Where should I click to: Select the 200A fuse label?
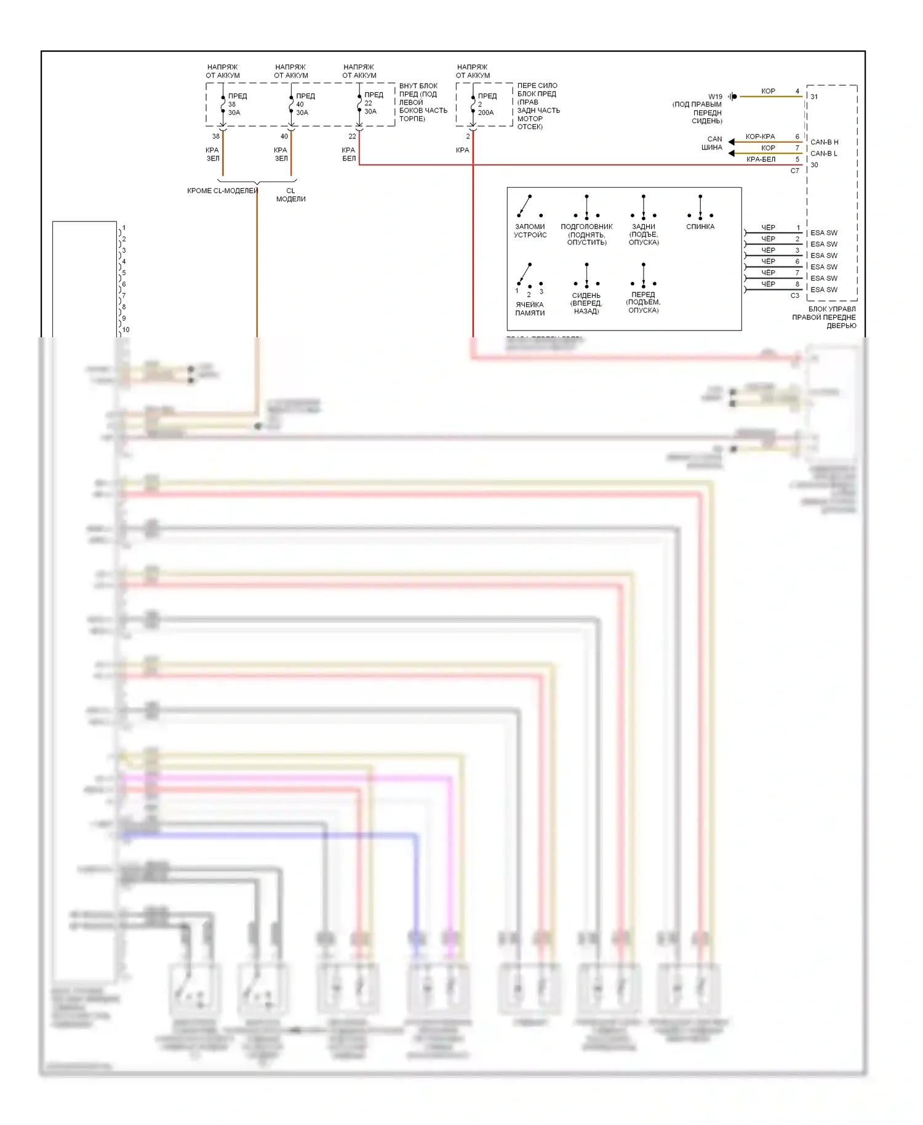coord(486,113)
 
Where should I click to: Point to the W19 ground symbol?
coord(733,97)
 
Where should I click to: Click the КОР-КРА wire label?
coord(760,137)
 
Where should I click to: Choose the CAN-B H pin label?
coord(824,142)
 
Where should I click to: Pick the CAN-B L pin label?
coord(824,153)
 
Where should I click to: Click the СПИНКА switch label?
coord(700,226)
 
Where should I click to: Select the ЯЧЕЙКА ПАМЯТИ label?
coord(530,308)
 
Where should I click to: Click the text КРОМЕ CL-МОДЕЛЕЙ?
coord(222,191)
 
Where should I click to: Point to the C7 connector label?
coord(795,170)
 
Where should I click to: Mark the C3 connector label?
coord(795,295)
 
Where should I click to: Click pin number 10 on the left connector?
coord(126,330)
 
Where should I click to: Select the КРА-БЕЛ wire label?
coord(761,159)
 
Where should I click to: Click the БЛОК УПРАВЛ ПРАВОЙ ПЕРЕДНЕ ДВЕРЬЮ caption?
coord(825,317)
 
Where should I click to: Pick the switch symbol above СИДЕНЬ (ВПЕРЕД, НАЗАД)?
coord(586,275)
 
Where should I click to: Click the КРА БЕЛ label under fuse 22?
coord(348,154)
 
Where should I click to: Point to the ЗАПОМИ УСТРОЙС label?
coord(530,231)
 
